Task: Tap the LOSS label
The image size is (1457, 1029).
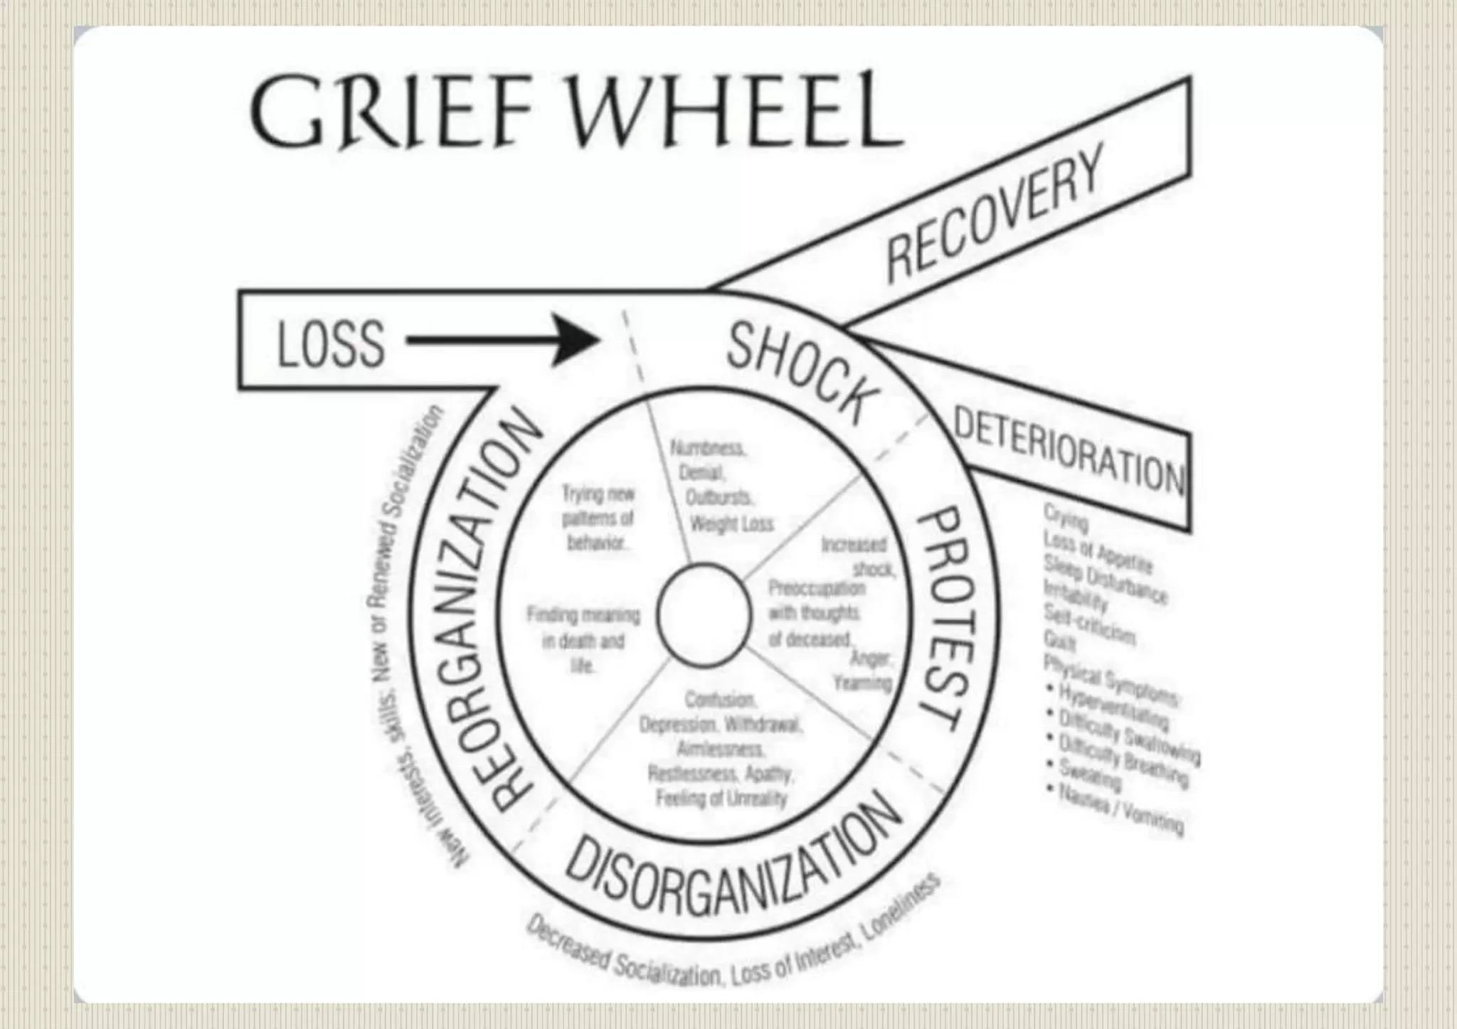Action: click(x=331, y=344)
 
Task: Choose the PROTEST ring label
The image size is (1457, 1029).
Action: click(x=943, y=618)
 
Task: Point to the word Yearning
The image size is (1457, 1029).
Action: click(x=862, y=683)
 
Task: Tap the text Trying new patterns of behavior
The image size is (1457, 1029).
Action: click(x=598, y=518)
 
